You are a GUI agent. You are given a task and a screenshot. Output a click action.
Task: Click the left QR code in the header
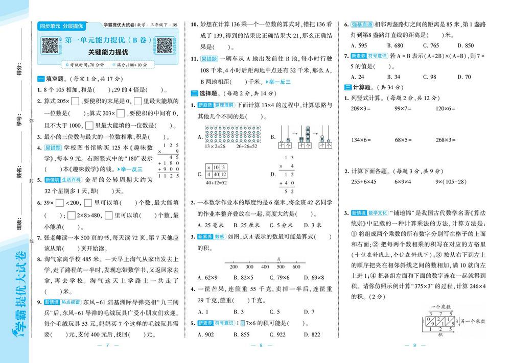pyautogui.click(x=50, y=45)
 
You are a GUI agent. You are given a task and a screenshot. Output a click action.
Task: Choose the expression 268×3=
pyautogui.click(x=446, y=140)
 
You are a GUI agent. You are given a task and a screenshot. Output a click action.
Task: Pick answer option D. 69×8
pyautogui.click(x=313, y=278)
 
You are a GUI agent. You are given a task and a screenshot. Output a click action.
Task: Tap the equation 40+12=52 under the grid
pyautogui.click(x=216, y=182)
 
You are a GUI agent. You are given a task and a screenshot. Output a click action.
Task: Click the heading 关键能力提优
pyautogui.click(x=107, y=52)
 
